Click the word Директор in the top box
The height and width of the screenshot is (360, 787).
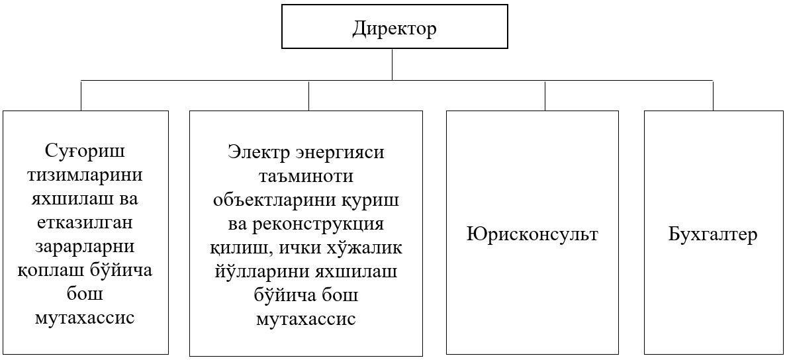tap(394, 29)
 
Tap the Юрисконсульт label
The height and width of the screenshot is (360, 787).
tap(532, 234)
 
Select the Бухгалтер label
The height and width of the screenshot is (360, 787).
tap(712, 234)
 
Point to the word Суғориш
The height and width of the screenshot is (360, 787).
tap(85, 152)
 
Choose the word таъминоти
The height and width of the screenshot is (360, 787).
tap(306, 175)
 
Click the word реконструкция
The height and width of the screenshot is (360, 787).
tap(318, 223)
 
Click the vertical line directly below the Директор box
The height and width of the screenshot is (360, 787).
tap(393, 64)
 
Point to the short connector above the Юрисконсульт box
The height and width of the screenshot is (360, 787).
tap(545, 95)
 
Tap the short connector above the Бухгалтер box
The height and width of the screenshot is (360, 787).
tap(713, 95)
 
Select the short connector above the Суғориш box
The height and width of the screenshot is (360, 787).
tap(81, 95)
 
